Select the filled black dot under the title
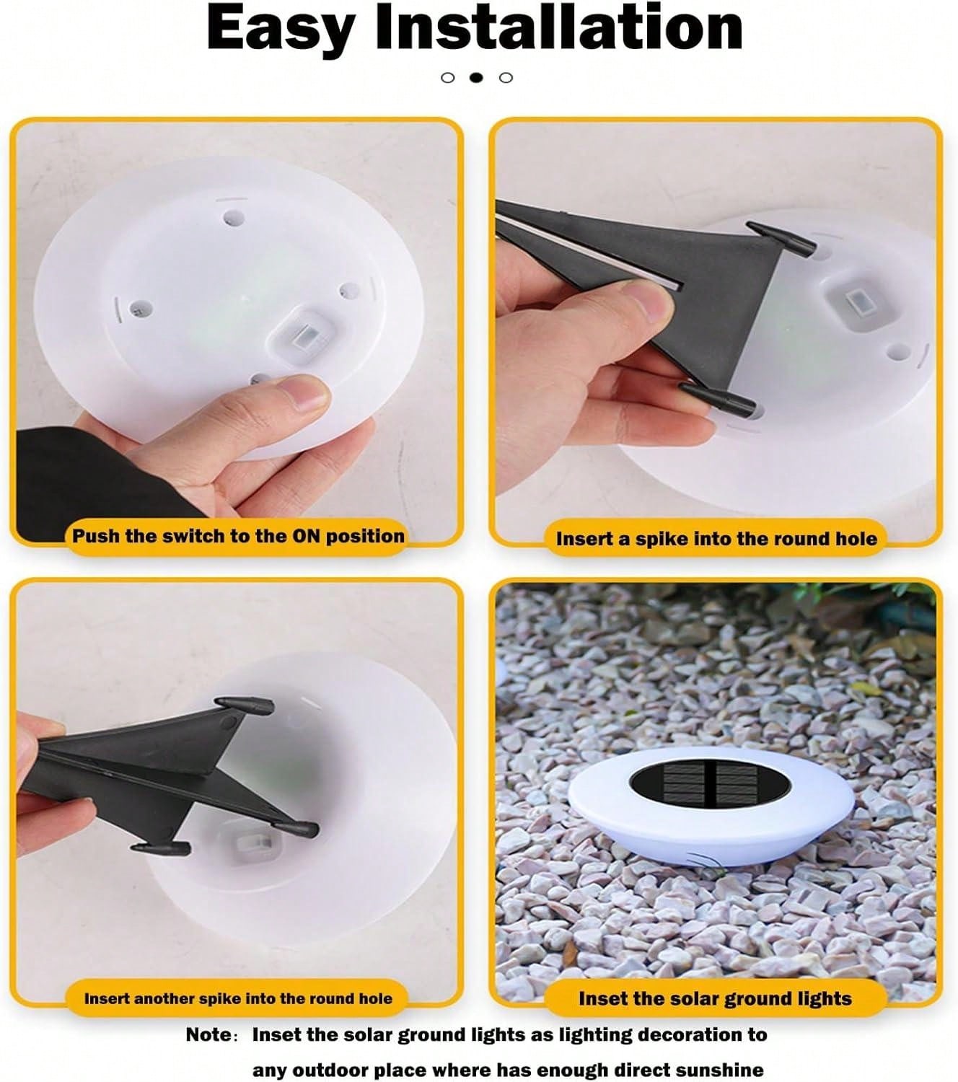pos(476,78)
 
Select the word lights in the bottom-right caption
pos(822,999)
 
